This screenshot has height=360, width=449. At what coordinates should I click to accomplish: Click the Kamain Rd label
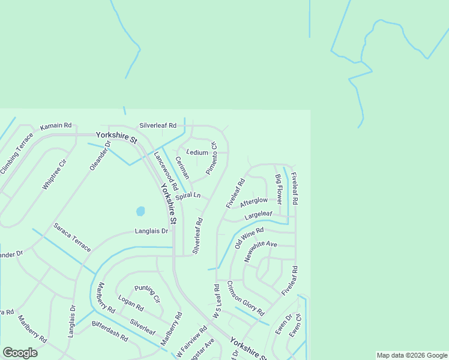(x=56, y=127)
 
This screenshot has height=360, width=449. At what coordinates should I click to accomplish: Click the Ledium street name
(x=197, y=152)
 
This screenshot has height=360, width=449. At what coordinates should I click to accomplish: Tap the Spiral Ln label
(x=187, y=196)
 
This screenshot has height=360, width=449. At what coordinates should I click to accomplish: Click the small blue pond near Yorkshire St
(x=140, y=211)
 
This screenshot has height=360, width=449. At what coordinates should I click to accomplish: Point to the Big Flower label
(x=279, y=188)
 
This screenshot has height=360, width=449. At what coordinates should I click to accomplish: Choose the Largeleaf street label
(x=258, y=214)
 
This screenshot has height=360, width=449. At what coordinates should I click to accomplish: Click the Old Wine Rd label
(x=249, y=238)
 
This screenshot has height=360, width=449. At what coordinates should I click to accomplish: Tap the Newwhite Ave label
(x=261, y=251)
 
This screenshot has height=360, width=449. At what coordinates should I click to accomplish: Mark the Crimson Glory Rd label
(x=246, y=298)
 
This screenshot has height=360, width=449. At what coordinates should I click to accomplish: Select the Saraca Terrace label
(x=72, y=237)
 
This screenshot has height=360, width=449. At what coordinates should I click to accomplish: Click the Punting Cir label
(x=147, y=294)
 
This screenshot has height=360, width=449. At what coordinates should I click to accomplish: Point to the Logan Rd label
(x=131, y=304)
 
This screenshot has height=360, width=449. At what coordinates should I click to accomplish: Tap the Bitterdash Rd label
(x=110, y=331)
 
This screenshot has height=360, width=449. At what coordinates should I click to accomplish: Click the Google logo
(x=20, y=353)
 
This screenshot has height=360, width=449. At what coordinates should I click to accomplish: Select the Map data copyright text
(x=411, y=355)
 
